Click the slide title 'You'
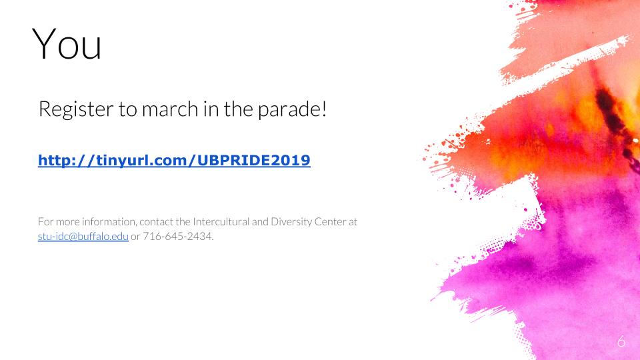[67, 44]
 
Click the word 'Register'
[76, 109]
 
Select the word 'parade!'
[292, 109]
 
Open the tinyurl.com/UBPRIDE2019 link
[174, 160]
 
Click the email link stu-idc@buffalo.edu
[83, 236]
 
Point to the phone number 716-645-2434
[177, 236]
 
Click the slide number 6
[621, 341]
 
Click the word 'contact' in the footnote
[156, 222]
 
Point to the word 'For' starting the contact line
[46, 221]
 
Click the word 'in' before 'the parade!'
[211, 109]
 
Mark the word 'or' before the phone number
[135, 237]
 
